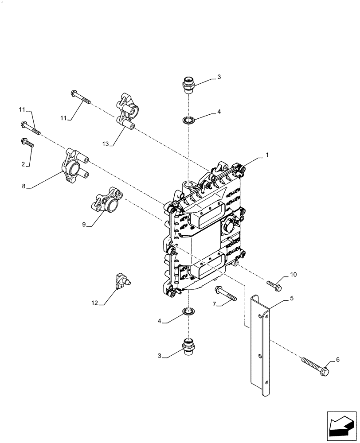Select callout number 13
[x=105, y=144]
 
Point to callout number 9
[x=83, y=225]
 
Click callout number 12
[x=94, y=303]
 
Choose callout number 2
[x=23, y=164]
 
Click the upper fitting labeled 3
[x=188, y=84]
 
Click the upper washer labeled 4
[x=189, y=120]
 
